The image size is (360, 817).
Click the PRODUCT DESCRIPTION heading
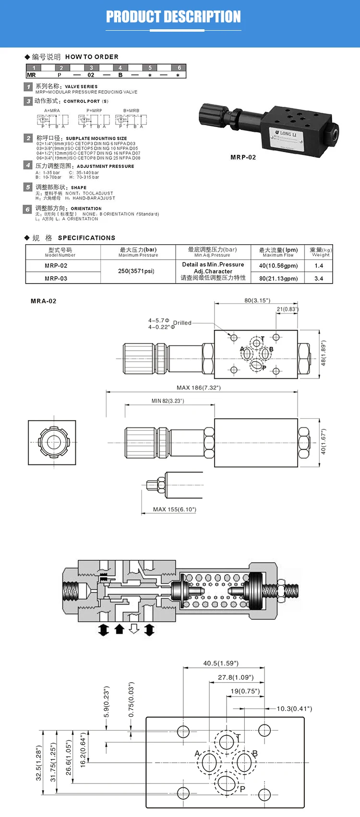(x=173, y=17)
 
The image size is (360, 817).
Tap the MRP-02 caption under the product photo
(x=243, y=157)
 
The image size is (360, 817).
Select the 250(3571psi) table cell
(x=136, y=271)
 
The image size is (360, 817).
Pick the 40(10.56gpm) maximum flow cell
(x=278, y=266)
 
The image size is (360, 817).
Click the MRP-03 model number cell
(x=56, y=278)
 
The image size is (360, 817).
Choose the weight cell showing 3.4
(x=319, y=278)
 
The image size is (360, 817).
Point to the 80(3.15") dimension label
(x=257, y=300)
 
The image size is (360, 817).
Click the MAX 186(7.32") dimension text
(x=199, y=388)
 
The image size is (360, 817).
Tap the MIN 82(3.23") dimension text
(x=168, y=401)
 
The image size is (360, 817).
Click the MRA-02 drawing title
(x=44, y=301)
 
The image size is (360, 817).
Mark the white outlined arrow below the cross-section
(x=134, y=629)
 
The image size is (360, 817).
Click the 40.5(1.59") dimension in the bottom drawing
(x=221, y=663)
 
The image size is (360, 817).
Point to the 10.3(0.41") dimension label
(x=294, y=709)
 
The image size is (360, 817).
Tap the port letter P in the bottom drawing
(x=242, y=789)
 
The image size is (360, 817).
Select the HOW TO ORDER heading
(x=92, y=57)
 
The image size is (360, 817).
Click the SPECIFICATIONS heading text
(x=86, y=238)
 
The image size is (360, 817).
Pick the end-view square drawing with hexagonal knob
(x=52, y=443)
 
